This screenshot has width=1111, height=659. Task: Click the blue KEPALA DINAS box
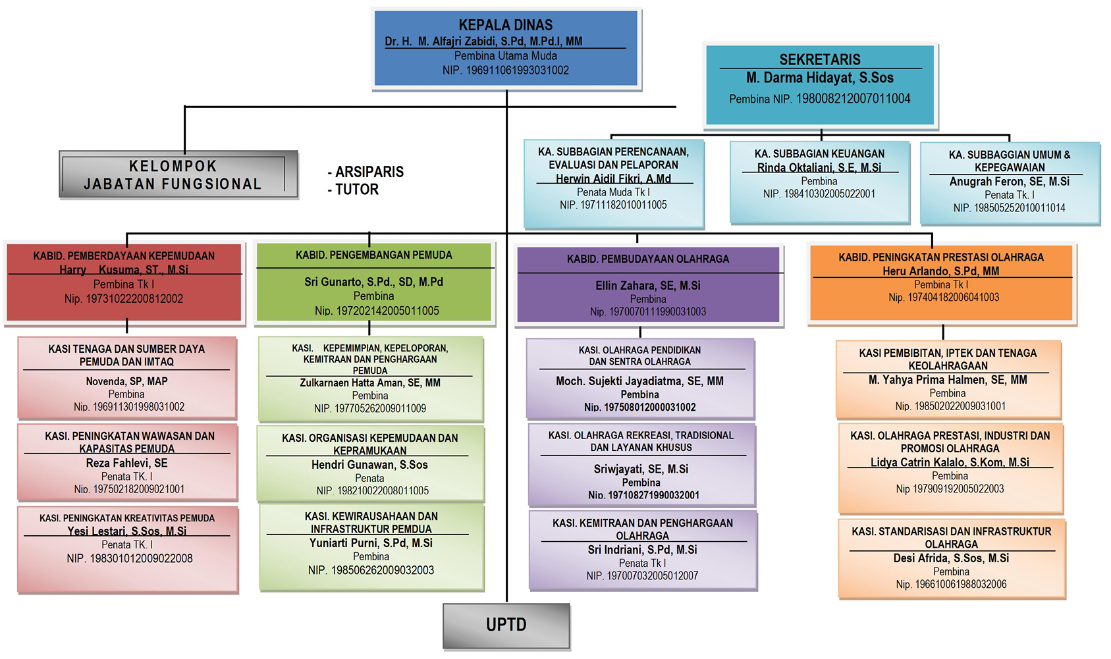506,48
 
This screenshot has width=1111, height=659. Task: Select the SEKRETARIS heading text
820,59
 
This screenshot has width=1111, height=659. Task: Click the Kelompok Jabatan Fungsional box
178,174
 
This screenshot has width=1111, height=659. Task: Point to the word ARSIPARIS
369,172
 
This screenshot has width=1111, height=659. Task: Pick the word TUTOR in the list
357,190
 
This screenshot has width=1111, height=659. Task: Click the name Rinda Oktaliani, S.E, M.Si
819,168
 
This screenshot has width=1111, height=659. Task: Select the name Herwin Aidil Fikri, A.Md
613,178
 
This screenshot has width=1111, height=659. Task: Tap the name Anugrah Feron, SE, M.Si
1010,182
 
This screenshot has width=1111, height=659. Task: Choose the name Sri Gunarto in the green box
373,282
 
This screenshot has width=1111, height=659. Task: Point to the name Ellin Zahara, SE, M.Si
648,286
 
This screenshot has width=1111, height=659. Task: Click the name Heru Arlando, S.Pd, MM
941,271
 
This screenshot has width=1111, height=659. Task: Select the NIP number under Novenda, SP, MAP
129,407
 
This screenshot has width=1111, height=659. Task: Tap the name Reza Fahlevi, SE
127,463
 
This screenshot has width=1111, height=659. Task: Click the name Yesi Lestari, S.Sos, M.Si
127,531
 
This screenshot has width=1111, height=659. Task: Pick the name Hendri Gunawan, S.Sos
369,465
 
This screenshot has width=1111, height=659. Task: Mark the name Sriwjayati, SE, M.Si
641,469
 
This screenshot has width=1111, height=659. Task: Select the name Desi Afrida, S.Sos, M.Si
951,558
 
